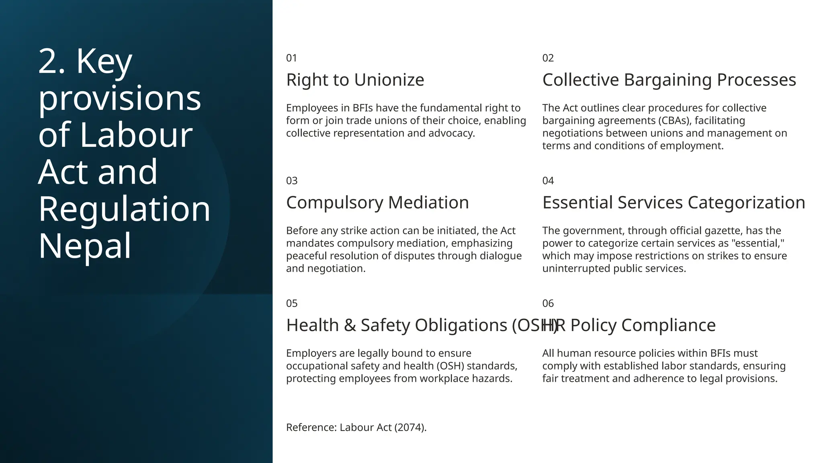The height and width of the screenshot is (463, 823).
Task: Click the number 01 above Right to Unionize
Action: (291, 58)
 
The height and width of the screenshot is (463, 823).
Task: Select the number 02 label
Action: (548, 58)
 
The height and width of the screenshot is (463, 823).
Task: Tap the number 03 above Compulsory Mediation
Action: (292, 181)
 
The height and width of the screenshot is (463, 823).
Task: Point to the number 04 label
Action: (548, 181)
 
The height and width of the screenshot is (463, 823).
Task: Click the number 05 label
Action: (292, 303)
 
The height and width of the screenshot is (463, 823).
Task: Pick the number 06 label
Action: (548, 303)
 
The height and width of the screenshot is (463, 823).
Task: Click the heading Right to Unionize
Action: (355, 80)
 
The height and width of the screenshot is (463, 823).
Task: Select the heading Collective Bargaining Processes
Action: (669, 80)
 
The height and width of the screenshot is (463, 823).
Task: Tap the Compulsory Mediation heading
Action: (377, 203)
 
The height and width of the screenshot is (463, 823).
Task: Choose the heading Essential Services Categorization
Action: (674, 203)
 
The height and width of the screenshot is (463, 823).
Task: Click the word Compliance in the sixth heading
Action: (668, 325)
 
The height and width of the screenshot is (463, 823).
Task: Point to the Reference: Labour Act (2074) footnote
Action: (356, 427)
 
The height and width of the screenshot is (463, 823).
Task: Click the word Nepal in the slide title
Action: (85, 246)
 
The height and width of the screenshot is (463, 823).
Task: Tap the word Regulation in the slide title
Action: (124, 209)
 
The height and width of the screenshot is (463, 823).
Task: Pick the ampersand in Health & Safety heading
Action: (350, 325)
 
